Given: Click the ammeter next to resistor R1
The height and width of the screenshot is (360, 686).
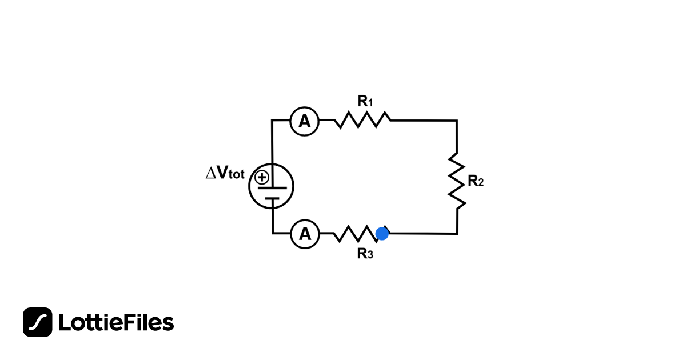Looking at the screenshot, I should point(304,121).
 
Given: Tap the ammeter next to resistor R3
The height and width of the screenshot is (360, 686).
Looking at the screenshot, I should point(305,234).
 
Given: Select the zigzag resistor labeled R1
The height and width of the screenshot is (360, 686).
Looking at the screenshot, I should point(362,120).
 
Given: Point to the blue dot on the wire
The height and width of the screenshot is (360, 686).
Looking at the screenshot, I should point(382,233).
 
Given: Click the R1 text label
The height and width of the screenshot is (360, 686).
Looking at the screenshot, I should point(365,102).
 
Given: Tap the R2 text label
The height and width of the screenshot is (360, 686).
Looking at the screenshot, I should point(476,182).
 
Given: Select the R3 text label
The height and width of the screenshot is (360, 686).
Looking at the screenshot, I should point(365,254).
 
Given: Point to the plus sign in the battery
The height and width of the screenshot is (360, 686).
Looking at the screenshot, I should point(262,177).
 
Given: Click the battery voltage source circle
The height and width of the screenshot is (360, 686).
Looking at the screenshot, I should point(272,187).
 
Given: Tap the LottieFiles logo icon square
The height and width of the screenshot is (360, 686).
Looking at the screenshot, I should point(38,322).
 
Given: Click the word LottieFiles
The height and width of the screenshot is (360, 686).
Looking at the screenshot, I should point(116,323).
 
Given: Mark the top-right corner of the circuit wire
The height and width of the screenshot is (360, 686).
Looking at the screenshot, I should point(457,121).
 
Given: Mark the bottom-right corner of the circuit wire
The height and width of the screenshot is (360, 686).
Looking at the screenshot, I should point(457,233).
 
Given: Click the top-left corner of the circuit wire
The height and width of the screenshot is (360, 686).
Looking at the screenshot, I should point(273,121).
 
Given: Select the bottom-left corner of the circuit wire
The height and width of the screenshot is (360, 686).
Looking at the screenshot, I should point(273,233).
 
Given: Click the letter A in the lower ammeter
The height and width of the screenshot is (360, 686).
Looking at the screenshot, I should point(305,234).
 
